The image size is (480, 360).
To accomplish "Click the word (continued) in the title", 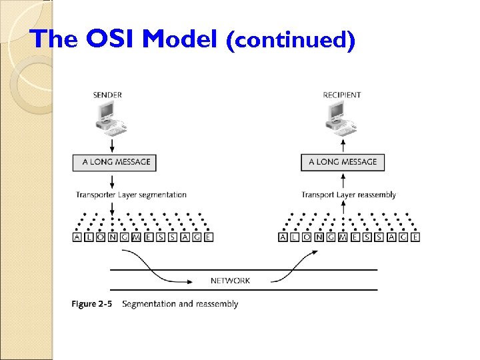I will [x=291, y=41].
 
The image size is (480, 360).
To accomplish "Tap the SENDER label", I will [x=107, y=95].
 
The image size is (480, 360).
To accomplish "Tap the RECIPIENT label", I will [x=342, y=95].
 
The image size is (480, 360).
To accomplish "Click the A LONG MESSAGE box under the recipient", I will [x=343, y=162].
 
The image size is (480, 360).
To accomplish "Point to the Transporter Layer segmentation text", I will [x=131, y=195].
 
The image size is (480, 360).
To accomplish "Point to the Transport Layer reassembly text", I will [x=349, y=195].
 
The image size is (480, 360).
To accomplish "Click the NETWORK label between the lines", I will [x=230, y=281].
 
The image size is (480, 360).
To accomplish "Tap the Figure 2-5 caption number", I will [x=91, y=304].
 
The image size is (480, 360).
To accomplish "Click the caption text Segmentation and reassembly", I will [x=180, y=304].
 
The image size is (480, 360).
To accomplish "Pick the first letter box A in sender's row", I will [x=77, y=237].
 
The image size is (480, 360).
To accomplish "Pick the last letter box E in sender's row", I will [x=208, y=237].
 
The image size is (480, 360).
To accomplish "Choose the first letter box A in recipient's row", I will [x=283, y=237].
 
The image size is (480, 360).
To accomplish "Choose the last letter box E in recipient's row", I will [x=415, y=237].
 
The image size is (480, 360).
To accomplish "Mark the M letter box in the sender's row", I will [x=137, y=237].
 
